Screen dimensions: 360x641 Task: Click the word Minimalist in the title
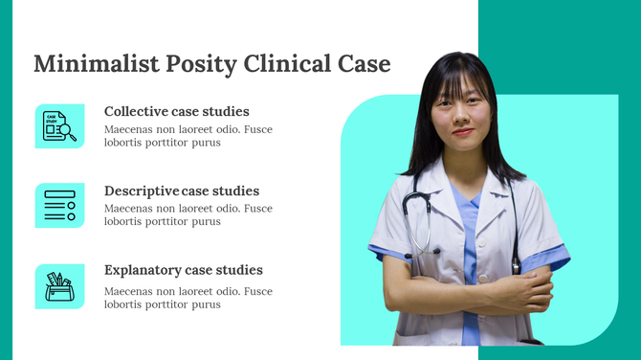84,64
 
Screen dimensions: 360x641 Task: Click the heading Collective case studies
176,111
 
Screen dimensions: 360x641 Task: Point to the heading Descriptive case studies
182,191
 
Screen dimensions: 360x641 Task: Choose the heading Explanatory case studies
183,270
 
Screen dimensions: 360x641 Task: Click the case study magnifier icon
59,125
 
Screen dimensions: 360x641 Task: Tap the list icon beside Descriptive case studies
59,205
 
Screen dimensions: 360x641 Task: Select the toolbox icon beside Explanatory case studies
59,285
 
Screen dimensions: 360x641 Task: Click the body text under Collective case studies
188,135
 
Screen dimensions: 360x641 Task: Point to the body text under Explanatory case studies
188,298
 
